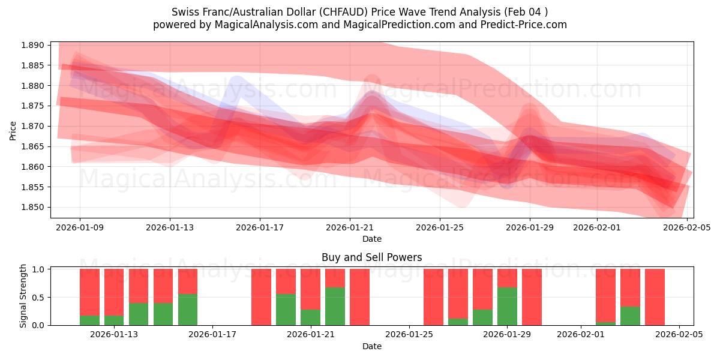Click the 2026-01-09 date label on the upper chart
(x=79, y=227)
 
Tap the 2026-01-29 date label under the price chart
(x=529, y=227)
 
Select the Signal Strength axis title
(x=23, y=296)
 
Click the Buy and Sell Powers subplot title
(x=371, y=257)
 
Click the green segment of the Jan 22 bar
(x=335, y=306)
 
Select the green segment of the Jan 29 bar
(x=507, y=306)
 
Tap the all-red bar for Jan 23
(x=359, y=297)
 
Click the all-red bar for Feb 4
(x=655, y=297)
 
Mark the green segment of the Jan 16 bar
(x=187, y=310)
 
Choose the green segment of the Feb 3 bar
(x=630, y=316)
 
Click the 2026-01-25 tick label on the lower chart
(x=409, y=334)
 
